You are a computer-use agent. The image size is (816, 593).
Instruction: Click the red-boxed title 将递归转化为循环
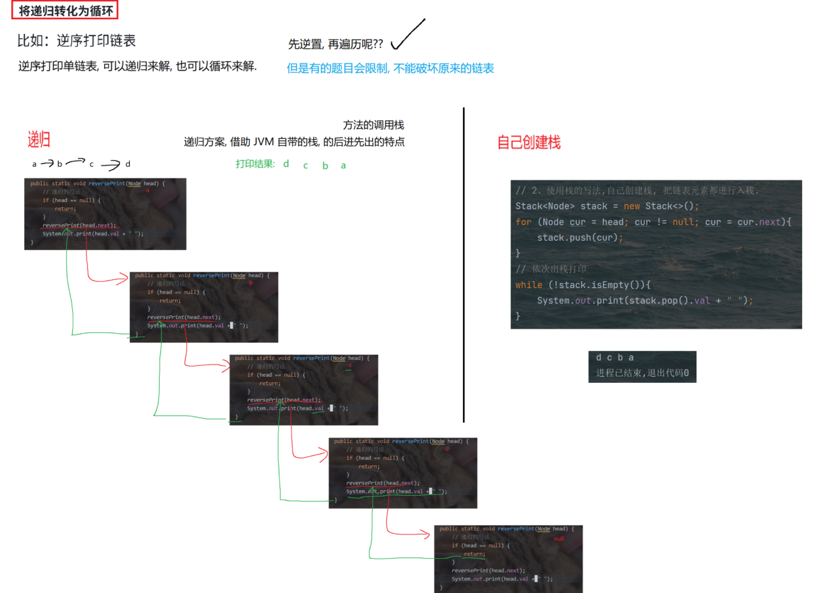pos(65,10)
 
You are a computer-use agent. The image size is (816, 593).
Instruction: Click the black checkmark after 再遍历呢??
pos(408,35)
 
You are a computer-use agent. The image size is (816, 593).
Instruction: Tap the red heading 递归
pos(39,140)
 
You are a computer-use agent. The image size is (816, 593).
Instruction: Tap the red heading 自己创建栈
pos(528,142)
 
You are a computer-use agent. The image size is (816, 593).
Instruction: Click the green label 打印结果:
pos(255,164)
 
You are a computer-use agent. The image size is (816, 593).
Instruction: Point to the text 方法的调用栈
pos(373,125)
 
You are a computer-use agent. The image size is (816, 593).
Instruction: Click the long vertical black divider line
pos(464,265)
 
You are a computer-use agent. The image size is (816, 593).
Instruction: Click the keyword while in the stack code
pos(528,285)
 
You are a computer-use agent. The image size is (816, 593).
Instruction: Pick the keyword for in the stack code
pos(523,222)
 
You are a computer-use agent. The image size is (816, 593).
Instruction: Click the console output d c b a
pos(614,358)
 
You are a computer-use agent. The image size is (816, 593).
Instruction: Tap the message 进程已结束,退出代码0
pos(642,373)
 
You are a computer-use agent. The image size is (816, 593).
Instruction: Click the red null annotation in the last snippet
pos(559,539)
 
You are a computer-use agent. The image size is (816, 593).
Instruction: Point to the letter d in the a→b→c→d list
pos(128,164)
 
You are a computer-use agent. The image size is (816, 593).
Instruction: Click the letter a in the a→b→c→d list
pos(34,165)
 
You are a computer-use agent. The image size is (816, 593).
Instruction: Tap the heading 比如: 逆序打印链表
pos(76,41)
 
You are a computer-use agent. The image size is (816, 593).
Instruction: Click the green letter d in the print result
pos(286,164)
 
